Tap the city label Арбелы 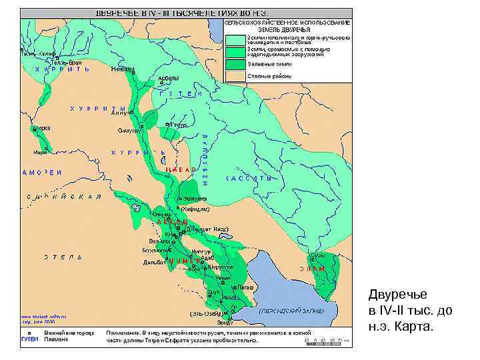point(168,78)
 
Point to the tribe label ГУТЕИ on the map point(181,94)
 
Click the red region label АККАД point(172,221)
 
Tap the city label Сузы point(317,255)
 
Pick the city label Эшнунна point(195,199)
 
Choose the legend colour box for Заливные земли point(235,65)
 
